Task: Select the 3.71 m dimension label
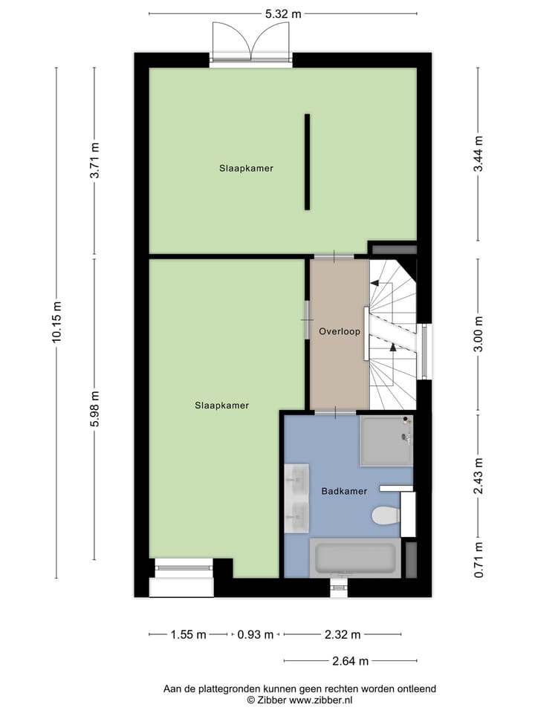click(94, 160)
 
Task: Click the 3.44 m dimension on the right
click(479, 154)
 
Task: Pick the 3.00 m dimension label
click(479, 334)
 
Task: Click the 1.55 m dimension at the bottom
click(188, 634)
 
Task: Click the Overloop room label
click(340, 332)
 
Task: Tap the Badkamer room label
click(344, 491)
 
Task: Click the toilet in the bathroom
click(386, 515)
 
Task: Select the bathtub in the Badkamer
click(355, 559)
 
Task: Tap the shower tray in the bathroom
click(386, 441)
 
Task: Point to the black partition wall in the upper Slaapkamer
click(308, 162)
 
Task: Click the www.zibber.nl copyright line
click(300, 700)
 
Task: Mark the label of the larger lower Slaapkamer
click(221, 406)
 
